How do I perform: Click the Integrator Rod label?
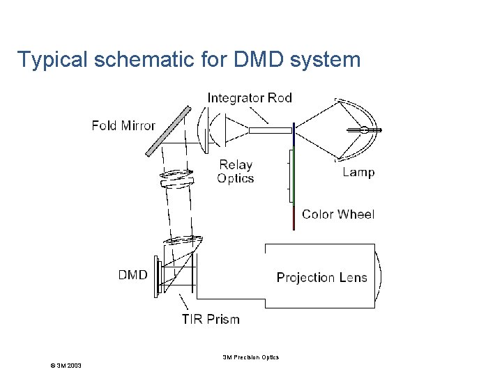pos(250,97)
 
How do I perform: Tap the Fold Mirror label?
pos(123,126)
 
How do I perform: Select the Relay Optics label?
pos(236,171)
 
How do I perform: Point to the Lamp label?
pos(358,173)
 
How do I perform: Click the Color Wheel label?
pos(338,214)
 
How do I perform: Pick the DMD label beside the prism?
pos(132,275)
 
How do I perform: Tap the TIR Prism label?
pos(211,320)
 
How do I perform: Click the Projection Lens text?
pos(321,278)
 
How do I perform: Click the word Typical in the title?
pos(52,60)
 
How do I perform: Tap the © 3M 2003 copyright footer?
pos(61,366)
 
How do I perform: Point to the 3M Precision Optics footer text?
pos(250,357)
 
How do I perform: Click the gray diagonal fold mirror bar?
pos(168,130)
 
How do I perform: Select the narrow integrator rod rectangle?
pos(270,130)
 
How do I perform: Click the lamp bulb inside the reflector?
pos(365,130)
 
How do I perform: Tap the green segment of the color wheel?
pos(293,174)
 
